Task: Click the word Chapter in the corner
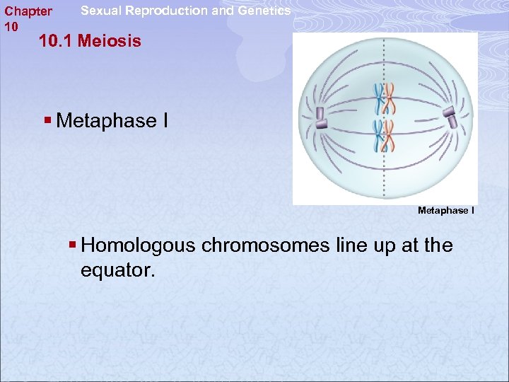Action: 28,11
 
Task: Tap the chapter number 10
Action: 11,26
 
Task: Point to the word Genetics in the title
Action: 264,11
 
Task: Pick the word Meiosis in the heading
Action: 110,41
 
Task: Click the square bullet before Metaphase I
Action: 47,120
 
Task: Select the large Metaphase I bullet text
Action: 112,121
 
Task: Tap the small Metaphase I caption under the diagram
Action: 446,211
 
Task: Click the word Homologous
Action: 139,245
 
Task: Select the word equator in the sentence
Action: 117,270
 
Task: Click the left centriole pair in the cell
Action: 320,118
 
